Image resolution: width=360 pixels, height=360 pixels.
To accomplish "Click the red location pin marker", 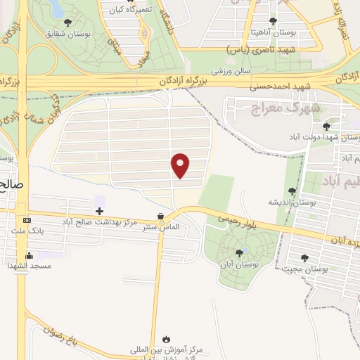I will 181,165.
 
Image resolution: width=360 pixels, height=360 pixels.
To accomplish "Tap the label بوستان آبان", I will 240,264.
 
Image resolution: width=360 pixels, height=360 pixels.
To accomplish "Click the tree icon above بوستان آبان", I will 240,252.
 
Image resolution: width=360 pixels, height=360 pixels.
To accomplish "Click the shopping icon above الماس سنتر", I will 162,216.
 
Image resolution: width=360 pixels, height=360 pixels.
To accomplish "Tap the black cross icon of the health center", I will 99,211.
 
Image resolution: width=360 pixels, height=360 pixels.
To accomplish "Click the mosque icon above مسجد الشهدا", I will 29,255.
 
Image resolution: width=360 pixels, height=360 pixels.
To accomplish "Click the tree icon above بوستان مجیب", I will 304,258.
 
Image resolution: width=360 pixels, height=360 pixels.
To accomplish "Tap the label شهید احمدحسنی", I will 280,86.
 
